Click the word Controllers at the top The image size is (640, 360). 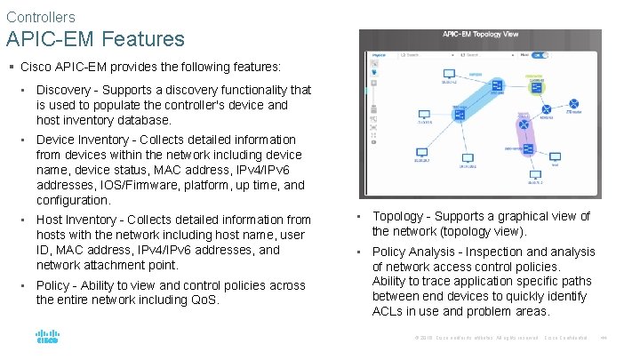pos(40,17)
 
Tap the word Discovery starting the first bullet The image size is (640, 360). pos(63,90)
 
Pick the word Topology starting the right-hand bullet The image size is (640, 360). pos(397,216)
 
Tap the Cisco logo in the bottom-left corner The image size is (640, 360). pos(47,338)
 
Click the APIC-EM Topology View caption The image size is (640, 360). pos(481,35)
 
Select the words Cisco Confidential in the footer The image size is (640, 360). pos(566,338)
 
